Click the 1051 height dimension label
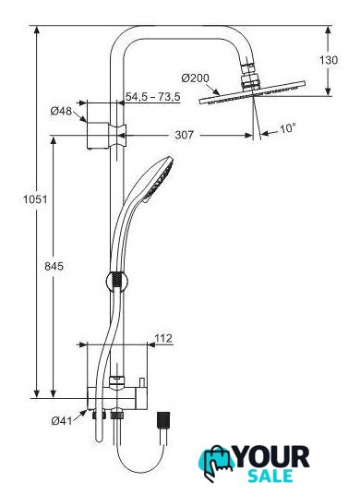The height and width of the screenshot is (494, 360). (x=35, y=199)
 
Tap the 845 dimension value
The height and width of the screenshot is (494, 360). (x=54, y=266)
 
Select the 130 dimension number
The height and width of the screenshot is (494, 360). (x=329, y=60)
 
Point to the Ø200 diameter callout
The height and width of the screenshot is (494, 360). (x=196, y=78)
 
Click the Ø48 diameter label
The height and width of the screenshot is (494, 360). (x=61, y=111)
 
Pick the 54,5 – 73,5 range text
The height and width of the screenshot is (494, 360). (x=153, y=96)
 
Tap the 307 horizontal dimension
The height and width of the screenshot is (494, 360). (x=184, y=135)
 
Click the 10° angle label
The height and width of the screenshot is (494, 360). (x=288, y=128)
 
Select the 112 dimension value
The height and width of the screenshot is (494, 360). (x=163, y=338)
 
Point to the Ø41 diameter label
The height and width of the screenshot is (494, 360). (x=62, y=420)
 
